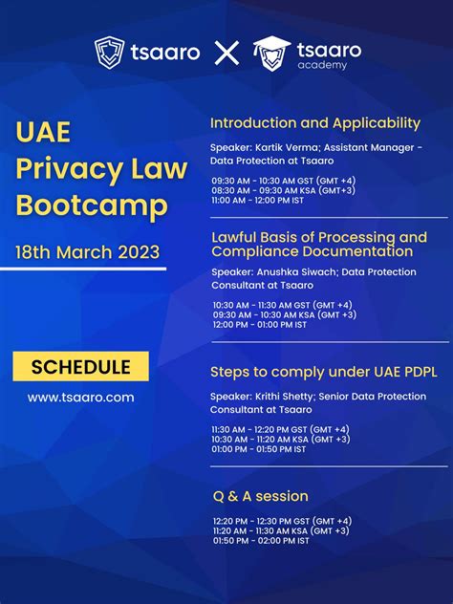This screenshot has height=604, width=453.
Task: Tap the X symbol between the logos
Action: tap(226, 53)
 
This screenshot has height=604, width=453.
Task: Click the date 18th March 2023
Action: tap(87, 252)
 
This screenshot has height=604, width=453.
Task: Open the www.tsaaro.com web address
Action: tap(80, 397)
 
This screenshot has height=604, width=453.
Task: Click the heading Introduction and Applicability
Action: tap(315, 123)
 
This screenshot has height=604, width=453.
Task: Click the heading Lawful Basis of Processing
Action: tap(318, 237)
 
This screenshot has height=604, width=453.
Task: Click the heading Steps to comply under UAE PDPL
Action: tap(323, 372)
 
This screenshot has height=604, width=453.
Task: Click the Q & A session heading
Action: tap(260, 496)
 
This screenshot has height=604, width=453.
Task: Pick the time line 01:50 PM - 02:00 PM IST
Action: tap(261, 540)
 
